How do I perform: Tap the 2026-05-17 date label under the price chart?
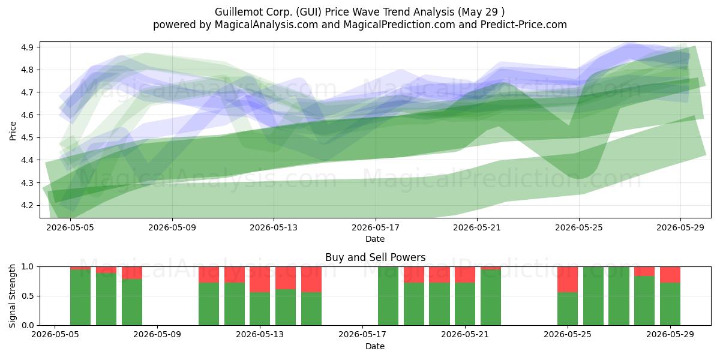[376, 227]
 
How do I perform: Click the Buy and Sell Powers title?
[375, 257]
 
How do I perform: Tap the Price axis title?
[13, 131]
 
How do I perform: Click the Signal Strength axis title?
[12, 296]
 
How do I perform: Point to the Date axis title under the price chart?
[375, 239]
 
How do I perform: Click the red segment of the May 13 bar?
[260, 280]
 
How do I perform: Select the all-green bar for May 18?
[388, 296]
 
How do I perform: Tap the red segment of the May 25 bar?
[568, 280]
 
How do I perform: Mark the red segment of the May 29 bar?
[670, 275]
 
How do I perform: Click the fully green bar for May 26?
[593, 296]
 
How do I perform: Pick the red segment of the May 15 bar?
[311, 280]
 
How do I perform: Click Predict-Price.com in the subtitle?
[524, 25]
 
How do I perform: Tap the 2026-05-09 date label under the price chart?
[172, 227]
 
